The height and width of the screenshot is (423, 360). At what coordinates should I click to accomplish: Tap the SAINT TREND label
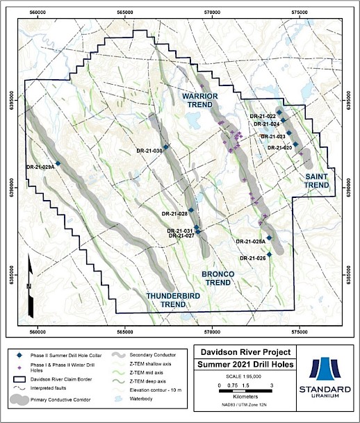tap(316, 181)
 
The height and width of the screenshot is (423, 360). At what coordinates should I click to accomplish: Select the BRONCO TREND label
tap(217, 279)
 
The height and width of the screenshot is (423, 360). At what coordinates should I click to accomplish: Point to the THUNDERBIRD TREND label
tap(170, 300)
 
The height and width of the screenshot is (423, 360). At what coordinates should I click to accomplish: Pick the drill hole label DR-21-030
tap(149, 151)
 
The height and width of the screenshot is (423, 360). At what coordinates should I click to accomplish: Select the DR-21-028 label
tap(174, 213)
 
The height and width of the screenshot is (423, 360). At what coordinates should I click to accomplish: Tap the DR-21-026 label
tap(252, 258)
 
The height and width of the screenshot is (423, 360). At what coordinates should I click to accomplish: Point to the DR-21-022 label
tap(262, 116)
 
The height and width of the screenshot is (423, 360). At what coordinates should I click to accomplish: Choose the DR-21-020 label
tap(279, 147)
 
